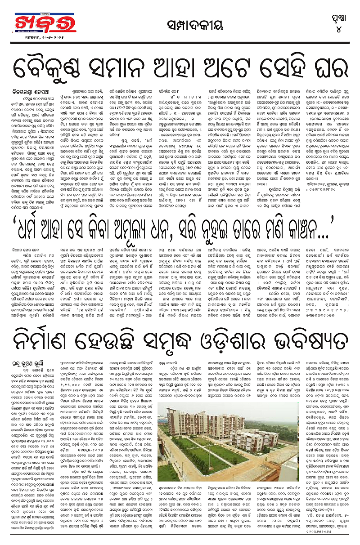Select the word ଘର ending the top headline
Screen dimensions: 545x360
332,67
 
